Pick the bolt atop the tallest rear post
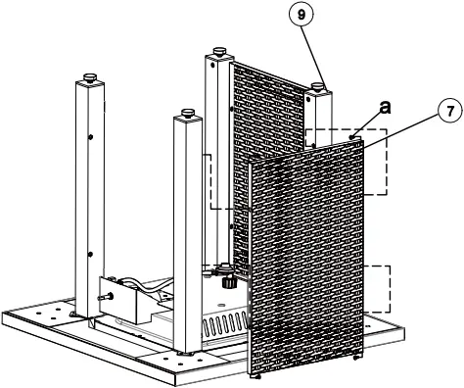tap(215, 51)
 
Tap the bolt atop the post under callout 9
tap(319, 87)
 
